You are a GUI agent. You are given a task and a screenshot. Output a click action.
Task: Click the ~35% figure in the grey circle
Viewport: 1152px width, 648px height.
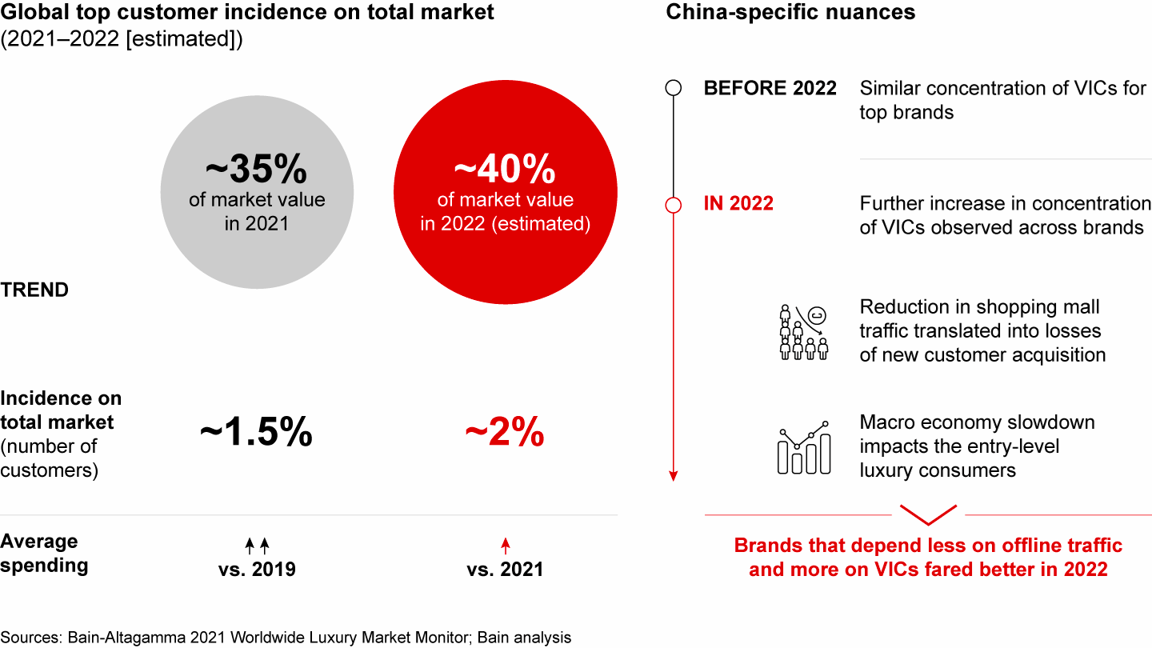click(x=256, y=170)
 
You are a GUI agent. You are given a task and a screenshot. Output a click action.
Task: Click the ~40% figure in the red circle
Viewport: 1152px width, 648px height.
click(x=505, y=170)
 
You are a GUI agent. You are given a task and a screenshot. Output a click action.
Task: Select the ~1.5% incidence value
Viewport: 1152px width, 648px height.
click(x=256, y=434)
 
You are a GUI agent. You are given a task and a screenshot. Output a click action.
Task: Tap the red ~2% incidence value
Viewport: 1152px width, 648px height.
click(x=505, y=434)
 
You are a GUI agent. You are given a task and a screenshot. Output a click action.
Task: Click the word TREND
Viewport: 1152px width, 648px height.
click(x=34, y=290)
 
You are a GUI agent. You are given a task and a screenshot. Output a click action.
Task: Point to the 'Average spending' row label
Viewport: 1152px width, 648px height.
click(x=44, y=554)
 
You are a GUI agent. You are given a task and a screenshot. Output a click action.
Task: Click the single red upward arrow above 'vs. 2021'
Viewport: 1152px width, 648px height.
click(x=505, y=546)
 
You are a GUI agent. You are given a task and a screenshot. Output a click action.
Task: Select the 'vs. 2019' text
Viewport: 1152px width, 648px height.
click(x=257, y=570)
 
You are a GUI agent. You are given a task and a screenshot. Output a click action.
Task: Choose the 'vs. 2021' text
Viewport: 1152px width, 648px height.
click(x=505, y=570)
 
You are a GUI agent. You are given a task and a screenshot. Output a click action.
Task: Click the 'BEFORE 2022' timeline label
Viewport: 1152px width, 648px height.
click(x=770, y=88)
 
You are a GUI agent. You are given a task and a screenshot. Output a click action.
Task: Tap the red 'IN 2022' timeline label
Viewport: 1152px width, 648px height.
click(x=738, y=204)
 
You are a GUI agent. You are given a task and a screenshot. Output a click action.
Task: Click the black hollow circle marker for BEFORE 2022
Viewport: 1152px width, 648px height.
click(x=674, y=88)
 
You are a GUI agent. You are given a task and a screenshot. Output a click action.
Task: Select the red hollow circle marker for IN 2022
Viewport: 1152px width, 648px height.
click(x=674, y=205)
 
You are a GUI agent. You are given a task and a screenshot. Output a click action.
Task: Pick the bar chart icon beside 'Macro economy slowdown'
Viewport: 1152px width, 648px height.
click(x=803, y=448)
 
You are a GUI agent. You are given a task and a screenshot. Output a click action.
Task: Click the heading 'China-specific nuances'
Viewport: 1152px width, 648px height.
click(x=790, y=13)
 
